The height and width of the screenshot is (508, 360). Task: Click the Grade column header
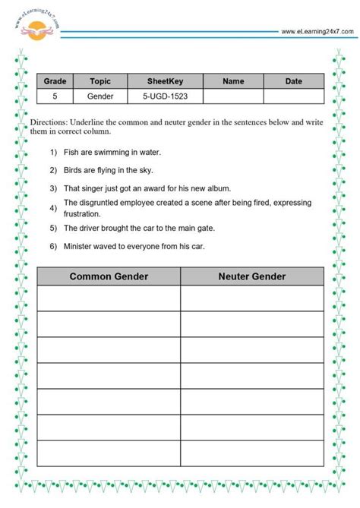coord(55,81)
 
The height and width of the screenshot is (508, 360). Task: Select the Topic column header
coord(100,81)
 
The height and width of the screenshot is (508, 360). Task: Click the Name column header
coord(233,81)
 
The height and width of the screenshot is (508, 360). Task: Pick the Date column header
coord(293,81)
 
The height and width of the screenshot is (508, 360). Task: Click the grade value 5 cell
coord(55,96)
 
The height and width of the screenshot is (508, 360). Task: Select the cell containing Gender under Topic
coord(100,96)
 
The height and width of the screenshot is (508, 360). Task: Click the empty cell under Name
coord(233,96)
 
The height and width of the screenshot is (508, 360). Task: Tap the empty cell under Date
coord(293,96)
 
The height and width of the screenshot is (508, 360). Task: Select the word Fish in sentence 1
coord(71,152)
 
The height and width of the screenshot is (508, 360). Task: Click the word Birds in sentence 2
coord(74,169)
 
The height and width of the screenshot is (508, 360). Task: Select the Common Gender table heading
coord(109,276)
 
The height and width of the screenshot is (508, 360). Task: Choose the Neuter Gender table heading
coord(252,276)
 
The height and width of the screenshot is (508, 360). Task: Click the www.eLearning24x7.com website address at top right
coord(317,32)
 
